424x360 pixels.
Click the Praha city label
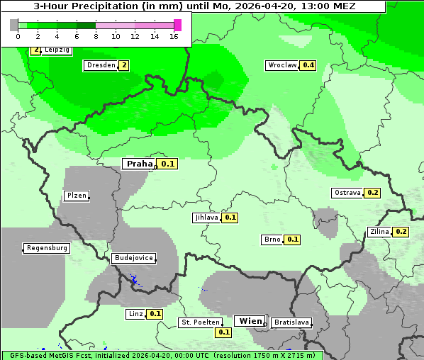[139, 164]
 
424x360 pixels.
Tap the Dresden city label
[99, 65]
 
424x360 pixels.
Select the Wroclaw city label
[281, 65]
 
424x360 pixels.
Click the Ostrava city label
[347, 193]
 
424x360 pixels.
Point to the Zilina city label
[379, 232]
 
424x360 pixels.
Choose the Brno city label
[272, 240]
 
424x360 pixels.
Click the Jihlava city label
[206, 218]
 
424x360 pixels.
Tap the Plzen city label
[76, 196]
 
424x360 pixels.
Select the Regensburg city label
[47, 248]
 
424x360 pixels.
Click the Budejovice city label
[133, 258]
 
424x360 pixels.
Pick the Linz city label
[135, 313]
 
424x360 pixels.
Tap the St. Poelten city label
[201, 322]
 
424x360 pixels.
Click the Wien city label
[250, 321]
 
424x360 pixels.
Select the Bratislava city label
[291, 322]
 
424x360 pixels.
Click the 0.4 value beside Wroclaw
[308, 65]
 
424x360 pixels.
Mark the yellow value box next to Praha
[168, 164]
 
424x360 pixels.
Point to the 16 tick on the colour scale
[174, 37]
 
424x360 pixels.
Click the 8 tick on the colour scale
[96, 37]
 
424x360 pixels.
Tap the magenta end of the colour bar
[177, 25]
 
